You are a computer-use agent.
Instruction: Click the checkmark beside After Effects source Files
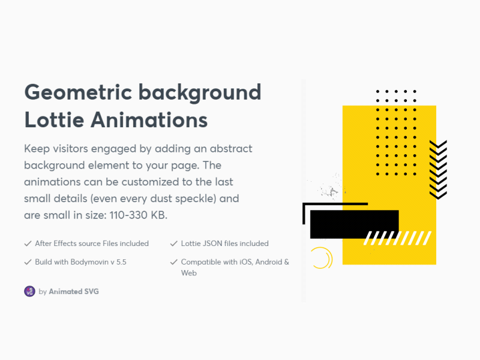pos(28,244)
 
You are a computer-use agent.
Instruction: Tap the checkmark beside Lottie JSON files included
pos(174,244)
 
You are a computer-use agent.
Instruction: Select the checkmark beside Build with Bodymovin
pos(28,262)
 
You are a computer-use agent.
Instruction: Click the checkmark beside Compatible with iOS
pos(174,262)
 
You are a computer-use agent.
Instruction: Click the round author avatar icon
pos(29,291)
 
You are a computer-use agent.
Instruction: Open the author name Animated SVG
pos(74,292)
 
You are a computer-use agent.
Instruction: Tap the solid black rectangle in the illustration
pos(354,223)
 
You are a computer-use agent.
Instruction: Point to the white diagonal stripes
pos(397,238)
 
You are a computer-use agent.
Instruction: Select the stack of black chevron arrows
pos(438,169)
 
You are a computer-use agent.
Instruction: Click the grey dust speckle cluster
pos(329,191)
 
